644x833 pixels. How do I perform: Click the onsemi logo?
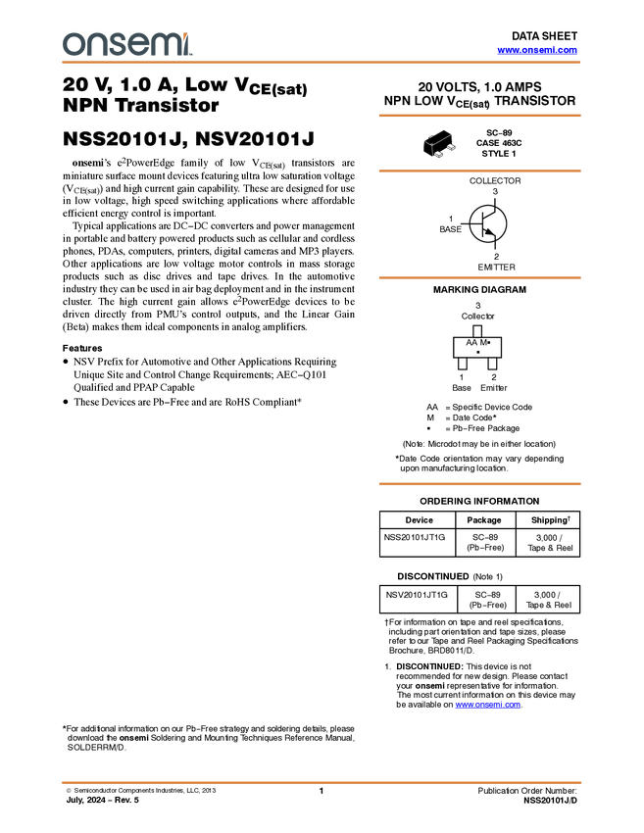click(x=126, y=44)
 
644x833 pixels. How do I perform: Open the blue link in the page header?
click(x=537, y=50)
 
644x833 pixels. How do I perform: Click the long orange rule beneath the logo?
click(x=322, y=63)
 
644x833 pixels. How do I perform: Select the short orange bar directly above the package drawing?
click(x=479, y=116)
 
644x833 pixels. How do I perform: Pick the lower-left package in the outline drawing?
click(x=438, y=154)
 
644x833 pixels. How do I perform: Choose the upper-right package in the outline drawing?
click(x=452, y=147)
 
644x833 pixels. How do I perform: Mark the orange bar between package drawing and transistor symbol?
click(x=479, y=171)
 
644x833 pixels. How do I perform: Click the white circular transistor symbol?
click(x=487, y=223)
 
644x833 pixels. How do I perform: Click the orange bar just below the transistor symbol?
click(x=479, y=278)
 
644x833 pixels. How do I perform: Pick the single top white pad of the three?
click(x=477, y=331)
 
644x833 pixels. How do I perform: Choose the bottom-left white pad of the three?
click(x=463, y=364)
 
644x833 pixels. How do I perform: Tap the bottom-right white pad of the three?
click(x=492, y=364)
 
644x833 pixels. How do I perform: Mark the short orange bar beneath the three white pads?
click(x=479, y=484)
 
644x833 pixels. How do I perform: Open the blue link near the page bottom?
click(x=487, y=704)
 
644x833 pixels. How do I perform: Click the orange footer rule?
click(x=322, y=783)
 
